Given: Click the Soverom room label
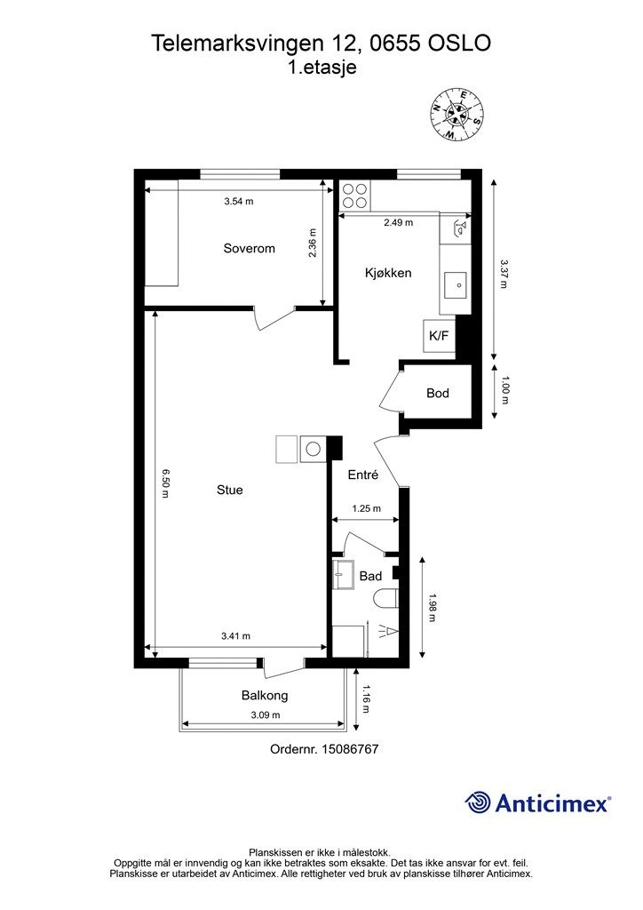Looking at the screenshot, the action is (x=250, y=249).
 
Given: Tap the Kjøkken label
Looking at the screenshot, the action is (x=388, y=273).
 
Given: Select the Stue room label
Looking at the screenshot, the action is (x=230, y=490).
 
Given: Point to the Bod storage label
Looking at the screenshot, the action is (x=438, y=393).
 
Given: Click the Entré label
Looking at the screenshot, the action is (x=363, y=475).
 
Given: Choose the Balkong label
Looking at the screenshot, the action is (x=265, y=695).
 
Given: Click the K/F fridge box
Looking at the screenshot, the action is (x=439, y=335).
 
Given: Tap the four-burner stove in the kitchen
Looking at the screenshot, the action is (x=354, y=196).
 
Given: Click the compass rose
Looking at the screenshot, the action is (x=457, y=113).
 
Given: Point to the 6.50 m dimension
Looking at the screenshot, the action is (x=165, y=483).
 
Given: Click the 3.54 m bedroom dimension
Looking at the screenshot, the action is (x=239, y=202).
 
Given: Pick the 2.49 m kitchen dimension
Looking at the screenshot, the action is (x=399, y=222).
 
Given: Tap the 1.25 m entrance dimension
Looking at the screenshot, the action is (x=367, y=508).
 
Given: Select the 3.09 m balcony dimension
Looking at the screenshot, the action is (x=266, y=715).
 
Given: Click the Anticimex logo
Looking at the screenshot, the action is (x=537, y=802).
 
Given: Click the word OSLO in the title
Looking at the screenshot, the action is (x=459, y=43).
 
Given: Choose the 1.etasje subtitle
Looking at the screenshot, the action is (x=322, y=68).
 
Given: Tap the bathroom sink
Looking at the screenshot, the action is (x=345, y=575).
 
